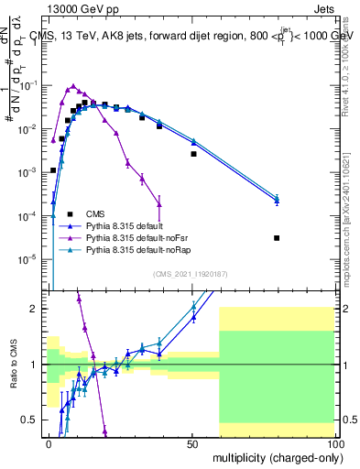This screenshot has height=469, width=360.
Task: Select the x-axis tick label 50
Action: [192, 443]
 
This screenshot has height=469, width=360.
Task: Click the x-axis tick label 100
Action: [334, 443]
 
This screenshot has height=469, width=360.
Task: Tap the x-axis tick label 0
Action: [49, 443]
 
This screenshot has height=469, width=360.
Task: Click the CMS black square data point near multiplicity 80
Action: [277, 238]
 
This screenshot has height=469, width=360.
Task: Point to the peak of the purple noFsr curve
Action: [73, 86]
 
